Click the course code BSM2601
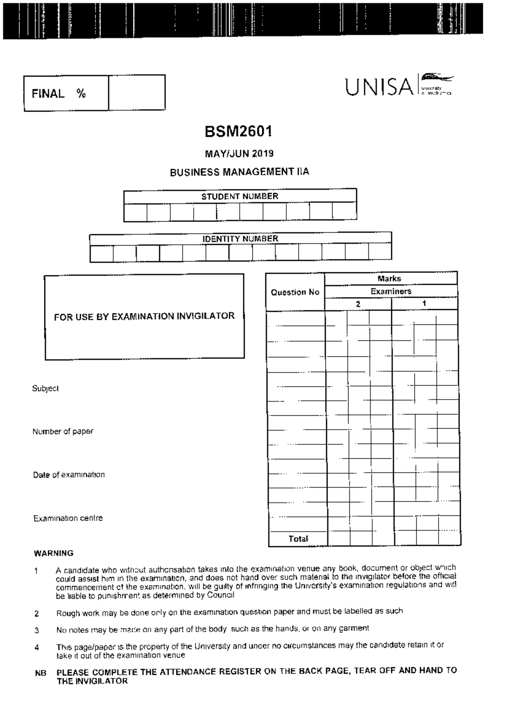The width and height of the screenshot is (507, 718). (x=239, y=132)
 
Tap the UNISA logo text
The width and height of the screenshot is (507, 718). (x=379, y=87)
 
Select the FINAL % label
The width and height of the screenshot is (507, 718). (x=59, y=93)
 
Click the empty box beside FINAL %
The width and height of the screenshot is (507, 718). (x=136, y=93)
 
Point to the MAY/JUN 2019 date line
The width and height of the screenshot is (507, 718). (x=239, y=153)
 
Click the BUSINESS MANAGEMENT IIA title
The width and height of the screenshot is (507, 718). (x=239, y=172)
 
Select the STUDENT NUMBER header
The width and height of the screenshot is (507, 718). (x=240, y=196)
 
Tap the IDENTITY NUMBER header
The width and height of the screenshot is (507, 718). (x=240, y=238)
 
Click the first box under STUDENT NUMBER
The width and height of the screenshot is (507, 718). (x=135, y=211)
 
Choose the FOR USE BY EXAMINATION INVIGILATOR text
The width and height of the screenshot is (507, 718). (x=144, y=316)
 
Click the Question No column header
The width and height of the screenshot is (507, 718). (x=295, y=292)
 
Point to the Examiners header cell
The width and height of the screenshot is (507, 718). (x=391, y=291)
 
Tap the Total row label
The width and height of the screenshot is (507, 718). (x=298, y=539)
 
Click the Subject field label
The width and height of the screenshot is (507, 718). (x=45, y=388)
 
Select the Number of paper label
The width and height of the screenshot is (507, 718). (x=63, y=431)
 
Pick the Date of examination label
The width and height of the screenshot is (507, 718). (x=69, y=474)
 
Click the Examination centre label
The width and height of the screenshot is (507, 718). (x=68, y=518)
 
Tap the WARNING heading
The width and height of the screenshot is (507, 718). (x=53, y=553)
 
